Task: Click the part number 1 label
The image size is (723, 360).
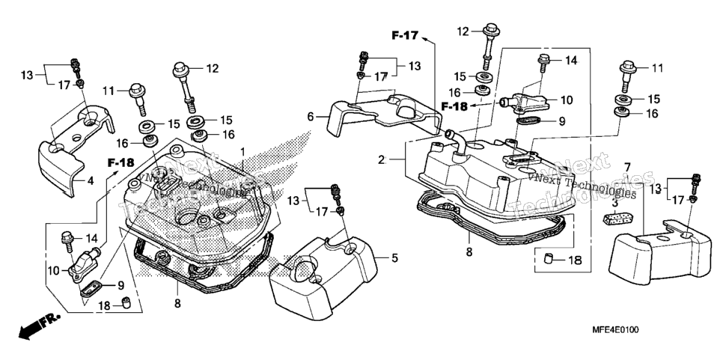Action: (242, 152)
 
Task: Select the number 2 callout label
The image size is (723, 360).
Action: (381, 160)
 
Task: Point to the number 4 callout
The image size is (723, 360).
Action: (91, 181)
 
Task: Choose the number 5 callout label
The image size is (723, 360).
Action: (394, 258)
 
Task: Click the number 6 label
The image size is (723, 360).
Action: (311, 117)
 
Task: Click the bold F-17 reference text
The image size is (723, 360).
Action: (405, 35)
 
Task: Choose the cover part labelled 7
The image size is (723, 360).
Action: (659, 254)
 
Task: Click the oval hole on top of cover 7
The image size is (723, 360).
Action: (662, 238)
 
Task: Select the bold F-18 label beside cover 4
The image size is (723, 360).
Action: (121, 162)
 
